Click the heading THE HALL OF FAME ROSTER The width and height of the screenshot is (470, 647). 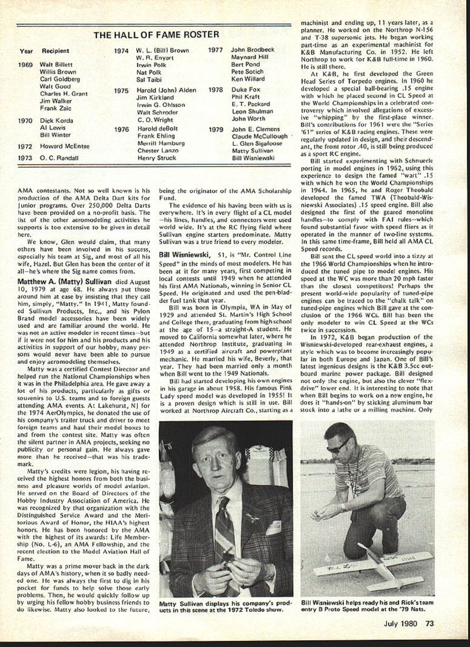[157, 35]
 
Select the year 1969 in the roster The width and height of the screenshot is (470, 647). [25, 65]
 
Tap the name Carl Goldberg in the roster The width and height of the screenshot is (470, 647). [60, 79]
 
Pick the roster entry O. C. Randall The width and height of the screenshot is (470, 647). [59, 158]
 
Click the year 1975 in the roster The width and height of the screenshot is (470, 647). [121, 91]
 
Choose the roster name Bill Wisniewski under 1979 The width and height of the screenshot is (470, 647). [254, 158]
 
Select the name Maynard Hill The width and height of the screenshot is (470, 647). [250, 57]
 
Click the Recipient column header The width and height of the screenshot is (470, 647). [56, 51]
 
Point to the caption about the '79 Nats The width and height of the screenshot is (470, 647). [367, 606]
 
